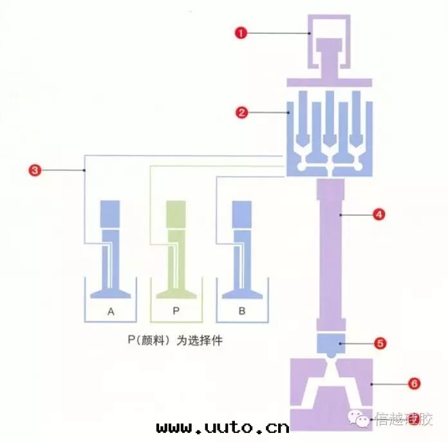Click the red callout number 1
point(241,33)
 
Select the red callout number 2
point(242,113)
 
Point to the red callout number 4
point(379,215)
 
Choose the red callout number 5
point(380,343)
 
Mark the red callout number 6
point(415,384)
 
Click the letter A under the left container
point(111,311)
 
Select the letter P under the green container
point(176,311)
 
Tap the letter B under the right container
point(241,311)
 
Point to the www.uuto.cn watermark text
point(223,427)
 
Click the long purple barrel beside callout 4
point(331,251)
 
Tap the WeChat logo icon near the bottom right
point(362,420)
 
